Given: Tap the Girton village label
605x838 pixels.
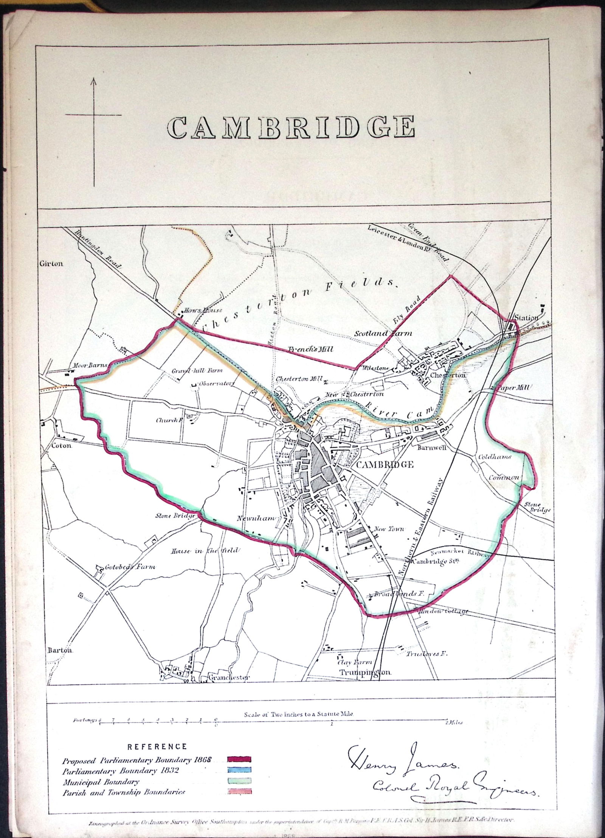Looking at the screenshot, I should (51, 264).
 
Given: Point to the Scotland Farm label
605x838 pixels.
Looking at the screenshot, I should (382, 334).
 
